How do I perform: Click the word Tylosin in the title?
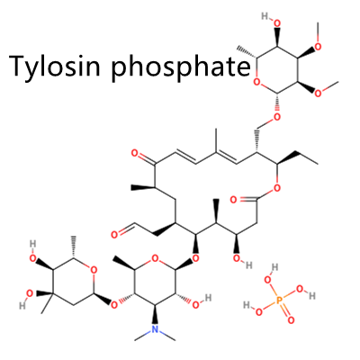pos(55,66)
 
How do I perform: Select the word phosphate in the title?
pos(181,66)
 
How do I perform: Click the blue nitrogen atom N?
pos(155,329)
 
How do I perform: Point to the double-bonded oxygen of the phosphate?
pos(291,320)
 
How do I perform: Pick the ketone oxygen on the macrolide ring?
pos(135,154)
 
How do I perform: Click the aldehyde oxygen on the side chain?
pos(114,235)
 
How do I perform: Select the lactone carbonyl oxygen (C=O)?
pos(234,200)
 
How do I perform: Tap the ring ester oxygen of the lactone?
pos(277,188)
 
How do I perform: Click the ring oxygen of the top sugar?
pos(256,81)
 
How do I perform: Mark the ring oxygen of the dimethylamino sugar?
pos(155,258)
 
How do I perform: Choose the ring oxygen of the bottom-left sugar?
pos(94,270)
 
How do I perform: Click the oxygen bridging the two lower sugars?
pos(114,305)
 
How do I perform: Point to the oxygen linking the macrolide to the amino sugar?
pos(195,258)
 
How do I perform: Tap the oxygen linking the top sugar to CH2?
pos(277,117)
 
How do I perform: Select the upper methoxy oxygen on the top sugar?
pos(318,47)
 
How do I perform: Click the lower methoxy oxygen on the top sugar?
pos(318,94)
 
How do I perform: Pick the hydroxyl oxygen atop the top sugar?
pos(277,23)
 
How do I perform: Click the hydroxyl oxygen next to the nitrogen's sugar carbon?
pos(195,305)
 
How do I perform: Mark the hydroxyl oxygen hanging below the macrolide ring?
pos(237,258)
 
